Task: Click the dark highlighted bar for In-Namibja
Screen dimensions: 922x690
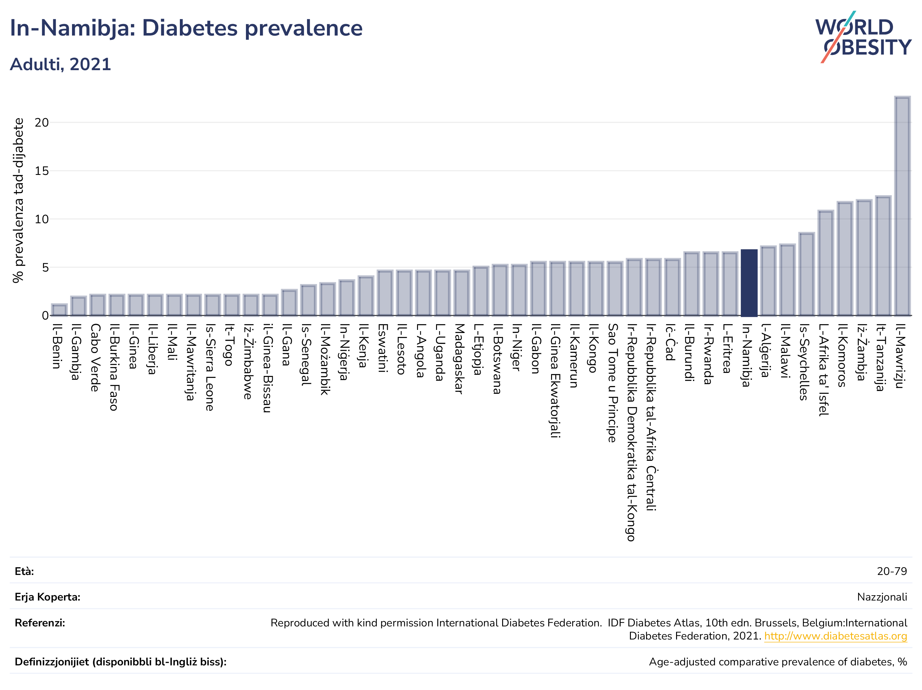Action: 749,283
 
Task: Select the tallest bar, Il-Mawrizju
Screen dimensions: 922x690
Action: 902,206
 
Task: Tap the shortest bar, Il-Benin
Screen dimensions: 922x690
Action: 59,310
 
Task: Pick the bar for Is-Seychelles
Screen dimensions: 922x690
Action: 807,274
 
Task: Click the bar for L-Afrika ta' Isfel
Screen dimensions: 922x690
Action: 826,263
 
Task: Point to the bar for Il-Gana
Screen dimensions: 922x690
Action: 289,303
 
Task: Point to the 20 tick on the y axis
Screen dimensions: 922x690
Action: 42,123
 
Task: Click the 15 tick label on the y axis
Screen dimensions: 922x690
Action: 42,171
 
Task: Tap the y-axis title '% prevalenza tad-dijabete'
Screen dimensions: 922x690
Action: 18,200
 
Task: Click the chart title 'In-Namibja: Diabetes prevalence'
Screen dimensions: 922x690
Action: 186,28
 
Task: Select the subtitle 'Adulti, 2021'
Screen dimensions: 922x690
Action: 60,64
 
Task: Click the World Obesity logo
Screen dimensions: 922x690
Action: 863,37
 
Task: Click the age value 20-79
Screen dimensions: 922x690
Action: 892,571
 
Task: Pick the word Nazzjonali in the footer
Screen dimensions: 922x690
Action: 882,597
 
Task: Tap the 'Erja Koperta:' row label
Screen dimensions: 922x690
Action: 47,597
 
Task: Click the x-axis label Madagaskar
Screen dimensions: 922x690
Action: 459,359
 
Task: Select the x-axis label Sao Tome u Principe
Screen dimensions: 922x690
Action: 613,383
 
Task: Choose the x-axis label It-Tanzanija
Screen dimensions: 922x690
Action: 881,358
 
